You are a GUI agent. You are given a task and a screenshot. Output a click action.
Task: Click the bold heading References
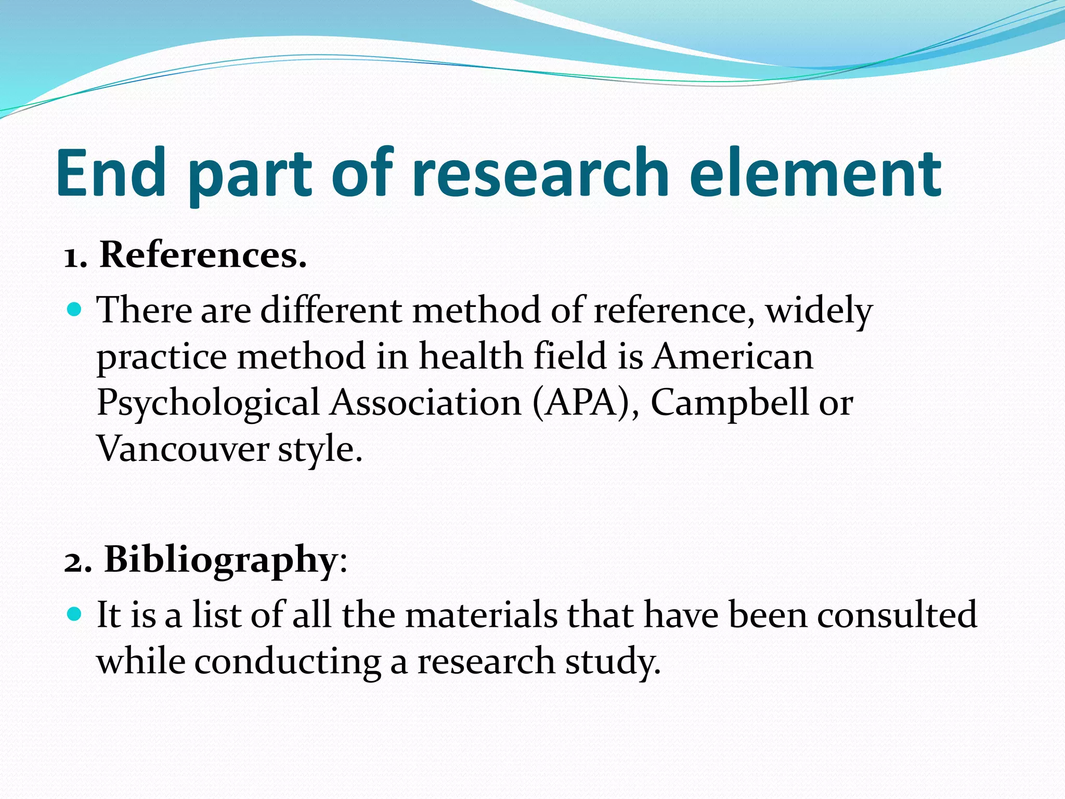pos(203,255)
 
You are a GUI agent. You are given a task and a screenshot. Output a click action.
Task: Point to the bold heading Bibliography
pos(222,560)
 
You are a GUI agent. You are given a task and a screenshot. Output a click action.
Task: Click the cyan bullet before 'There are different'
pos(75,310)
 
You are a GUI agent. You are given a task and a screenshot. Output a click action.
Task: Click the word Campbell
pos(730,403)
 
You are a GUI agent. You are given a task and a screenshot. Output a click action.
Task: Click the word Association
pos(426,403)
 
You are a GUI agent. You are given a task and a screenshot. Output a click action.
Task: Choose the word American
pos(733,357)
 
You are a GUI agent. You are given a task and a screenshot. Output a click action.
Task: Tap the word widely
pos(819,311)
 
